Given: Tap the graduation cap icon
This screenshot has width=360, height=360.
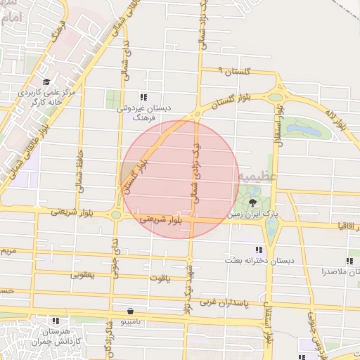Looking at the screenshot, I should (x=46, y=82).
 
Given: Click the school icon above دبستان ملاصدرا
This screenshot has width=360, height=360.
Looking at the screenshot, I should (x=349, y=261).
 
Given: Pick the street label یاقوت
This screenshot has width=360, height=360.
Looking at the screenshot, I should (x=160, y=277).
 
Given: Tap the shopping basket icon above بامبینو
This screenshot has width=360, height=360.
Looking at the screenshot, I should (x=131, y=310).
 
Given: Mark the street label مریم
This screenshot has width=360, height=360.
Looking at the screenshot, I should (x=7, y=250).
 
